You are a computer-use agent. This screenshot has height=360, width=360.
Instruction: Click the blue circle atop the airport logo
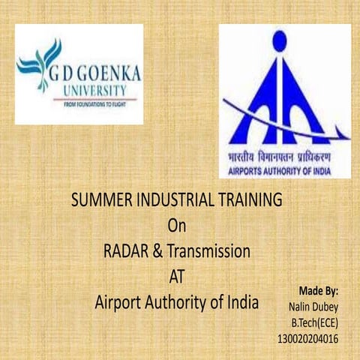279,41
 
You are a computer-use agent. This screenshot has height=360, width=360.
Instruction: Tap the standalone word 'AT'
176,277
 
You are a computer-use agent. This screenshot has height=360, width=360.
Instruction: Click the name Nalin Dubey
313,306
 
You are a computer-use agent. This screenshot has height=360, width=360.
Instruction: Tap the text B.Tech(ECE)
315,322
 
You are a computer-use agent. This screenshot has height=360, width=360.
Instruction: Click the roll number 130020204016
307,339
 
